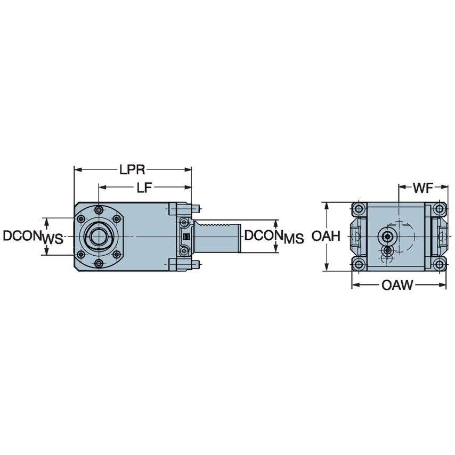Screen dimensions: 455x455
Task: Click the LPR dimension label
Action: click(132, 170)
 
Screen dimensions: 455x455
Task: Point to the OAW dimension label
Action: click(397, 286)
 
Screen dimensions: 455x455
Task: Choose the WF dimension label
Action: click(423, 188)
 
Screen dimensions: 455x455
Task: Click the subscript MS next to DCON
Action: click(294, 239)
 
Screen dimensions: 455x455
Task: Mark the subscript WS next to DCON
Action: click(52, 239)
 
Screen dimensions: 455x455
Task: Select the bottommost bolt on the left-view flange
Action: click(99, 263)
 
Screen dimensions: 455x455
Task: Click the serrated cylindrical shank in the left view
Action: click(218, 236)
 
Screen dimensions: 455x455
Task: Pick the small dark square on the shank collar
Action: click(186, 237)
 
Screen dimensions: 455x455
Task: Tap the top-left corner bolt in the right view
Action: click(359, 208)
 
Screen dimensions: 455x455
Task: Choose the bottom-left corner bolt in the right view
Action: click(359, 264)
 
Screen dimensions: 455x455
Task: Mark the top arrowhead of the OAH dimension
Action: click(326, 205)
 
